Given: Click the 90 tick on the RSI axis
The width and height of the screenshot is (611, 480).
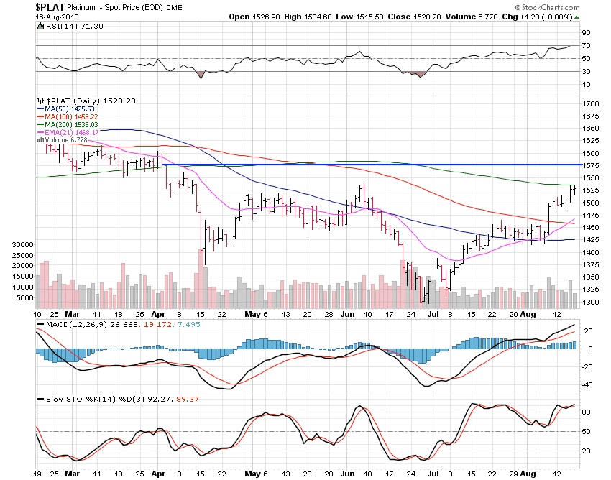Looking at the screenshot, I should [x=586, y=32].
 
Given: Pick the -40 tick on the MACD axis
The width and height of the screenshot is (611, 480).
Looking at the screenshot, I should [x=585, y=384].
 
